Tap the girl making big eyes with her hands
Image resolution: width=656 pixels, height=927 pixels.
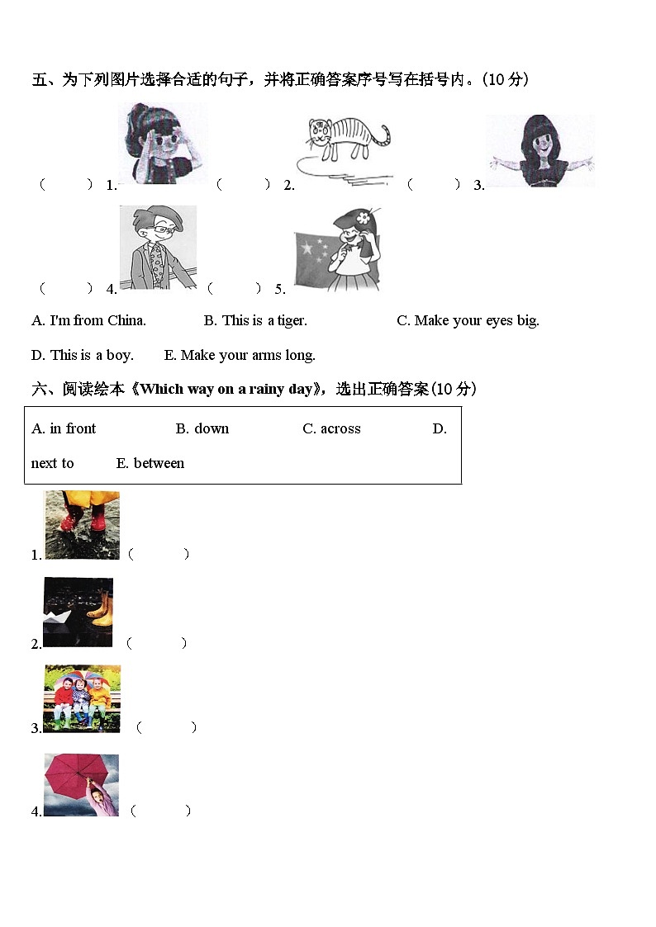pos(162,144)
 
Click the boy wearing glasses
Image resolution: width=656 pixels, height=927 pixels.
pos(158,246)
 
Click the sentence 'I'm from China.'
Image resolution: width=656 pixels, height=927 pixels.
pos(88,320)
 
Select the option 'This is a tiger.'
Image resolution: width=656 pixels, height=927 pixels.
pos(255,320)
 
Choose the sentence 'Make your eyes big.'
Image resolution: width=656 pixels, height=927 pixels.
pos(468,320)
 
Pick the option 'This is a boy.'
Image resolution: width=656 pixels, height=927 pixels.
pos(82,355)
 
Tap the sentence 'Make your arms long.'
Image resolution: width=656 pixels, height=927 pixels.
pos(240,355)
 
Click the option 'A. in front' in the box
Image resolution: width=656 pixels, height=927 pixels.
pos(64,428)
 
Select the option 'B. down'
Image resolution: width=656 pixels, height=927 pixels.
pos(202,428)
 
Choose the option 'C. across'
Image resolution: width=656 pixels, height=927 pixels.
pos(331,428)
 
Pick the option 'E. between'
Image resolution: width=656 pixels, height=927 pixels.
pos(150,463)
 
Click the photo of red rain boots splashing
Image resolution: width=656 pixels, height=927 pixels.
pos(81,525)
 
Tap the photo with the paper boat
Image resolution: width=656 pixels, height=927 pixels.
pos(78,612)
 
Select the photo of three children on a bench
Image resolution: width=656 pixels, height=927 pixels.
pos(82,698)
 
